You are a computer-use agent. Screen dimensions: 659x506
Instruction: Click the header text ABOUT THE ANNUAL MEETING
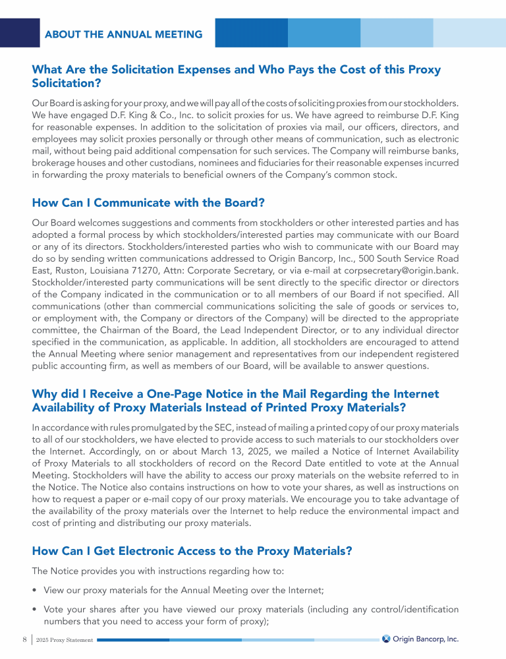click(x=123, y=34)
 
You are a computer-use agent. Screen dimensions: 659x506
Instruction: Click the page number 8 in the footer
click(x=24, y=639)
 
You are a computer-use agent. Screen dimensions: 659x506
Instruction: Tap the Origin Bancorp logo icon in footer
click(x=386, y=639)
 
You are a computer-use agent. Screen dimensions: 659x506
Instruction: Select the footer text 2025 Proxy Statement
click(x=65, y=640)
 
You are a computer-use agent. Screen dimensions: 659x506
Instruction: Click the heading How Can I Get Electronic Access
click(x=191, y=552)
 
